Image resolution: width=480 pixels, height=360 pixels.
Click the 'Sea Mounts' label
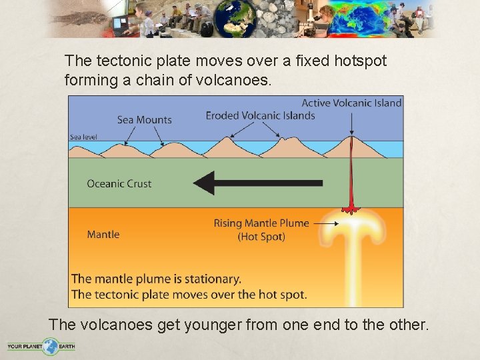tap(145, 120)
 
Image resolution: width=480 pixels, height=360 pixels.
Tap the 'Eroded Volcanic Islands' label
tap(260, 115)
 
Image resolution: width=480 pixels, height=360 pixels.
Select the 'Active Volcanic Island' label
tap(351, 103)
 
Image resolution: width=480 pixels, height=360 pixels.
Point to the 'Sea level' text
tap(83, 137)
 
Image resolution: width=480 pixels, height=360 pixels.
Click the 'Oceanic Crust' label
tap(119, 183)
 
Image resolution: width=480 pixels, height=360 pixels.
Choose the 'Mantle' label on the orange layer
tap(103, 234)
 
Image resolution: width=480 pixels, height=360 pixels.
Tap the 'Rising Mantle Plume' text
tap(261, 223)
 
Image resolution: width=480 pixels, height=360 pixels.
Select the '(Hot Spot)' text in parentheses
tap(261, 237)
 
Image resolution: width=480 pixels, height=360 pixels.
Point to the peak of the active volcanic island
tap(351, 139)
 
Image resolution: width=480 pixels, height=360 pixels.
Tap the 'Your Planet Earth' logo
tap(41, 346)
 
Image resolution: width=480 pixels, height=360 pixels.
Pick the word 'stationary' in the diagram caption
tap(207, 279)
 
